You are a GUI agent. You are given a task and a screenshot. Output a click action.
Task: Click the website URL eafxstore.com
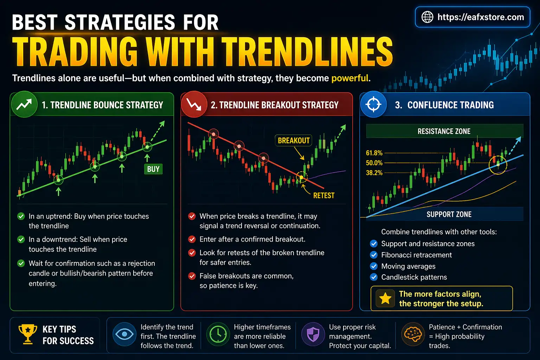[481, 17]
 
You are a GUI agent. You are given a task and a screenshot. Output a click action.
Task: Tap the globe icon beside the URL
[427, 17]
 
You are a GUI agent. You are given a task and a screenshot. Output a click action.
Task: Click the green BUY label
[153, 169]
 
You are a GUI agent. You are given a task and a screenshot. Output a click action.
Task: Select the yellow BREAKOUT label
[294, 141]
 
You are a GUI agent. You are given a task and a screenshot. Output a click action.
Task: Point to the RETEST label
[323, 195]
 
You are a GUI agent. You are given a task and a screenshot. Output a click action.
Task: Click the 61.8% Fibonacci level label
[374, 153]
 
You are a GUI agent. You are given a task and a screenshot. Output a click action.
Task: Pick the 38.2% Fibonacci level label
[374, 173]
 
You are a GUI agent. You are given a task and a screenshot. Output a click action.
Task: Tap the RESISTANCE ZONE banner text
[444, 131]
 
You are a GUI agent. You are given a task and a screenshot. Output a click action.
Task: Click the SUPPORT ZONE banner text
[449, 214]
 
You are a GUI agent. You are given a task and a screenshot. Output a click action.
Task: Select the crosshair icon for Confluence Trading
[373, 104]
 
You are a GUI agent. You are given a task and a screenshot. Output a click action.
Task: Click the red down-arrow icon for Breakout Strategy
[194, 104]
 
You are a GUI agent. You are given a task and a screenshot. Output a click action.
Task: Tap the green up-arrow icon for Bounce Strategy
[24, 104]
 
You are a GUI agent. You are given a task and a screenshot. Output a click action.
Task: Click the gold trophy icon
[27, 334]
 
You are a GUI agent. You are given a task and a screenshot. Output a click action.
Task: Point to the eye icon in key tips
[124, 334]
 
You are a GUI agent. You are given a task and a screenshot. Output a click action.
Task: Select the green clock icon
[218, 334]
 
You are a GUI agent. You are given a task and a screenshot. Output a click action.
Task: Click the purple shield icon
[313, 334]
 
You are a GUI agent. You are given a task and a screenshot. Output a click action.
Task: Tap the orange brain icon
[413, 334]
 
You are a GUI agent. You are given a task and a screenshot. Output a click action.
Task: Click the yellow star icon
[385, 298]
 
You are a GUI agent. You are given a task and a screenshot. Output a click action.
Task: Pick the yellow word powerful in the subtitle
[350, 78]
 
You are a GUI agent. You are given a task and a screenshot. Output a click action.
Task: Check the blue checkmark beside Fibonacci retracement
[374, 255]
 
